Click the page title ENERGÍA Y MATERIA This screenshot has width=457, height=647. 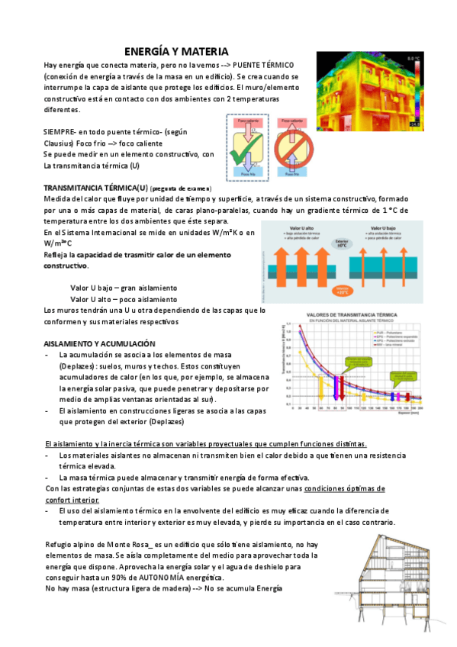click(176, 51)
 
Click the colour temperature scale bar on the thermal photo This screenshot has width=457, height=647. click(414, 92)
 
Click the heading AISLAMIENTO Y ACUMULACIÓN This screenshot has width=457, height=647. click(100, 344)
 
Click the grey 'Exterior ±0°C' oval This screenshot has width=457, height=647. click(342, 244)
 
